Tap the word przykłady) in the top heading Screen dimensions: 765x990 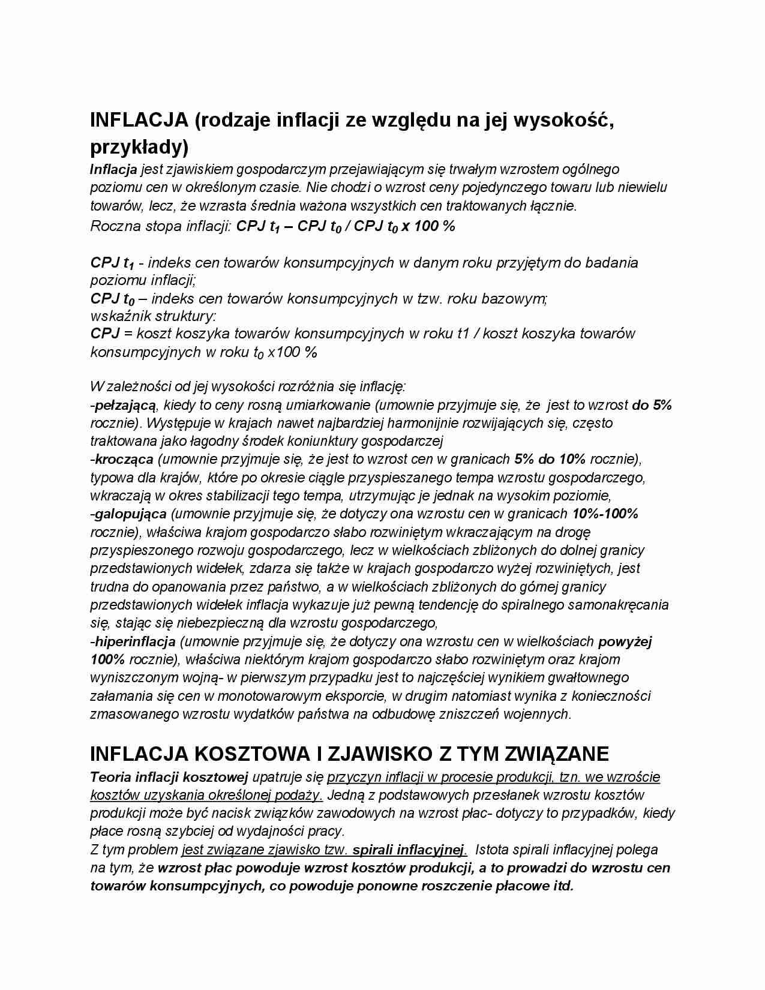139,147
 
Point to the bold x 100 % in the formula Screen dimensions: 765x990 428,226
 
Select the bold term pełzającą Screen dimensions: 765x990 125,405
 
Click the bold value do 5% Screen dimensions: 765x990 652,405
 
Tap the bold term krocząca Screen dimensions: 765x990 124,460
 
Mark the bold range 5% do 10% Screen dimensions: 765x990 550,460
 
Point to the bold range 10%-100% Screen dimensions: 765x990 605,514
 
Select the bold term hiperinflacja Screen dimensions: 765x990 135,641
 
